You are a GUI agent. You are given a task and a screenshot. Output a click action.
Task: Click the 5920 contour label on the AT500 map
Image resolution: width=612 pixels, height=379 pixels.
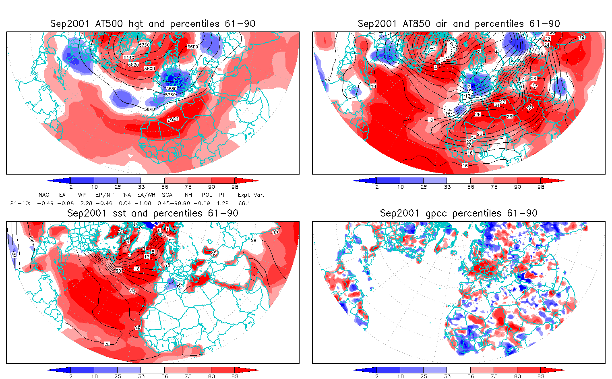[173, 120]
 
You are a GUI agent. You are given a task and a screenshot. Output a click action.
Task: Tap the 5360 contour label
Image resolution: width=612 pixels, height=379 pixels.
[144, 45]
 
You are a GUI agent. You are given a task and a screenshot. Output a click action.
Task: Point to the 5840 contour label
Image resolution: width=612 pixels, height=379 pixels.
[149, 109]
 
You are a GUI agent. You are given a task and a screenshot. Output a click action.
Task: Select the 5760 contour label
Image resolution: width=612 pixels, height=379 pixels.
[170, 95]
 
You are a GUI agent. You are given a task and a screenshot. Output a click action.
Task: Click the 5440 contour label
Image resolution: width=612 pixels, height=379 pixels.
[129, 58]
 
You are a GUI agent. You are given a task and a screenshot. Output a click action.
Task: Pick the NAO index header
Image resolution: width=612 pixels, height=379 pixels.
[44, 195]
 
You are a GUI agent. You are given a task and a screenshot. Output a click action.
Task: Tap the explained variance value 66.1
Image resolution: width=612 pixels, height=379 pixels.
[244, 203]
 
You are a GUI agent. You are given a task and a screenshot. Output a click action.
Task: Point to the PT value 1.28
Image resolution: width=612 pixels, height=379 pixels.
[223, 203]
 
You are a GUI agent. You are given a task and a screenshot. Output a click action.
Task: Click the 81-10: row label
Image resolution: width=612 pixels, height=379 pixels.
[20, 203]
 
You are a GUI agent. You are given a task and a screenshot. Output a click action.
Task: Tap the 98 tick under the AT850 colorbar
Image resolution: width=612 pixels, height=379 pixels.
[541, 187]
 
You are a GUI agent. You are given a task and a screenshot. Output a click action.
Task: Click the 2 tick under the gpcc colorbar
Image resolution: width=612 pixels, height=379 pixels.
[377, 376]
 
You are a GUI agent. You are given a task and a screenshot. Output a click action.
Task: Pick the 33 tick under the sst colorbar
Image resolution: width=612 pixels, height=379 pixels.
[141, 376]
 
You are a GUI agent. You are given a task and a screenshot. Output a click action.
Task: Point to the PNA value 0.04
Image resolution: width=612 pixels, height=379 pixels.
[125, 203]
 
